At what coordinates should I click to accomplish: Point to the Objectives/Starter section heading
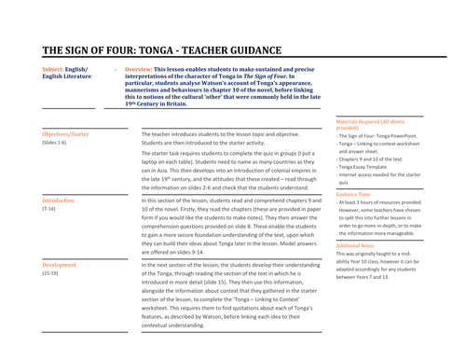(x=65, y=134)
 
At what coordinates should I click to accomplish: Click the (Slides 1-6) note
(x=55, y=144)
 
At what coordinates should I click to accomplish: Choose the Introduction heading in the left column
(x=59, y=201)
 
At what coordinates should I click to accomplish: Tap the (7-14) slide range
(x=49, y=210)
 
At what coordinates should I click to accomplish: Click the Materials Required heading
(x=368, y=122)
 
